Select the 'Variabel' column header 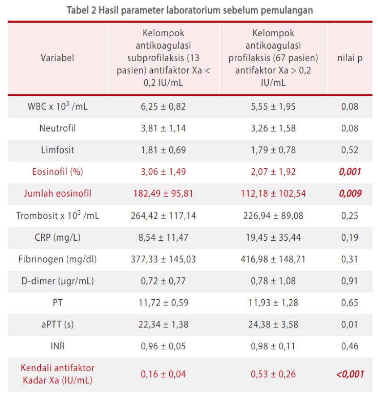(x=57, y=58)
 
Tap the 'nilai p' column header (x=350, y=58)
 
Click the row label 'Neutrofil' (x=57, y=128)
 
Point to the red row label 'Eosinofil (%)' (x=57, y=172)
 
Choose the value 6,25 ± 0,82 (x=163, y=106)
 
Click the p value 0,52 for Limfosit (x=350, y=150)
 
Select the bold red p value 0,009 (x=350, y=194)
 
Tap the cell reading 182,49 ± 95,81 (x=163, y=194)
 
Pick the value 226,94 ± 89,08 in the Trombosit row (x=273, y=216)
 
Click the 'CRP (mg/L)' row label (x=57, y=238)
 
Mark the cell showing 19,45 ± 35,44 (x=273, y=238)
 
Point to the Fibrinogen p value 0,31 (x=350, y=259)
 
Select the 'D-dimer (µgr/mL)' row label (x=57, y=281)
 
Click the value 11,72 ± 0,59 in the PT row (x=163, y=303)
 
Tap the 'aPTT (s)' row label (x=57, y=325)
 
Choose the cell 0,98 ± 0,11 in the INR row (x=273, y=346)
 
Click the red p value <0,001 (x=350, y=374)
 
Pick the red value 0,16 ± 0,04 (x=163, y=374)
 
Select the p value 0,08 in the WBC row (x=350, y=106)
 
